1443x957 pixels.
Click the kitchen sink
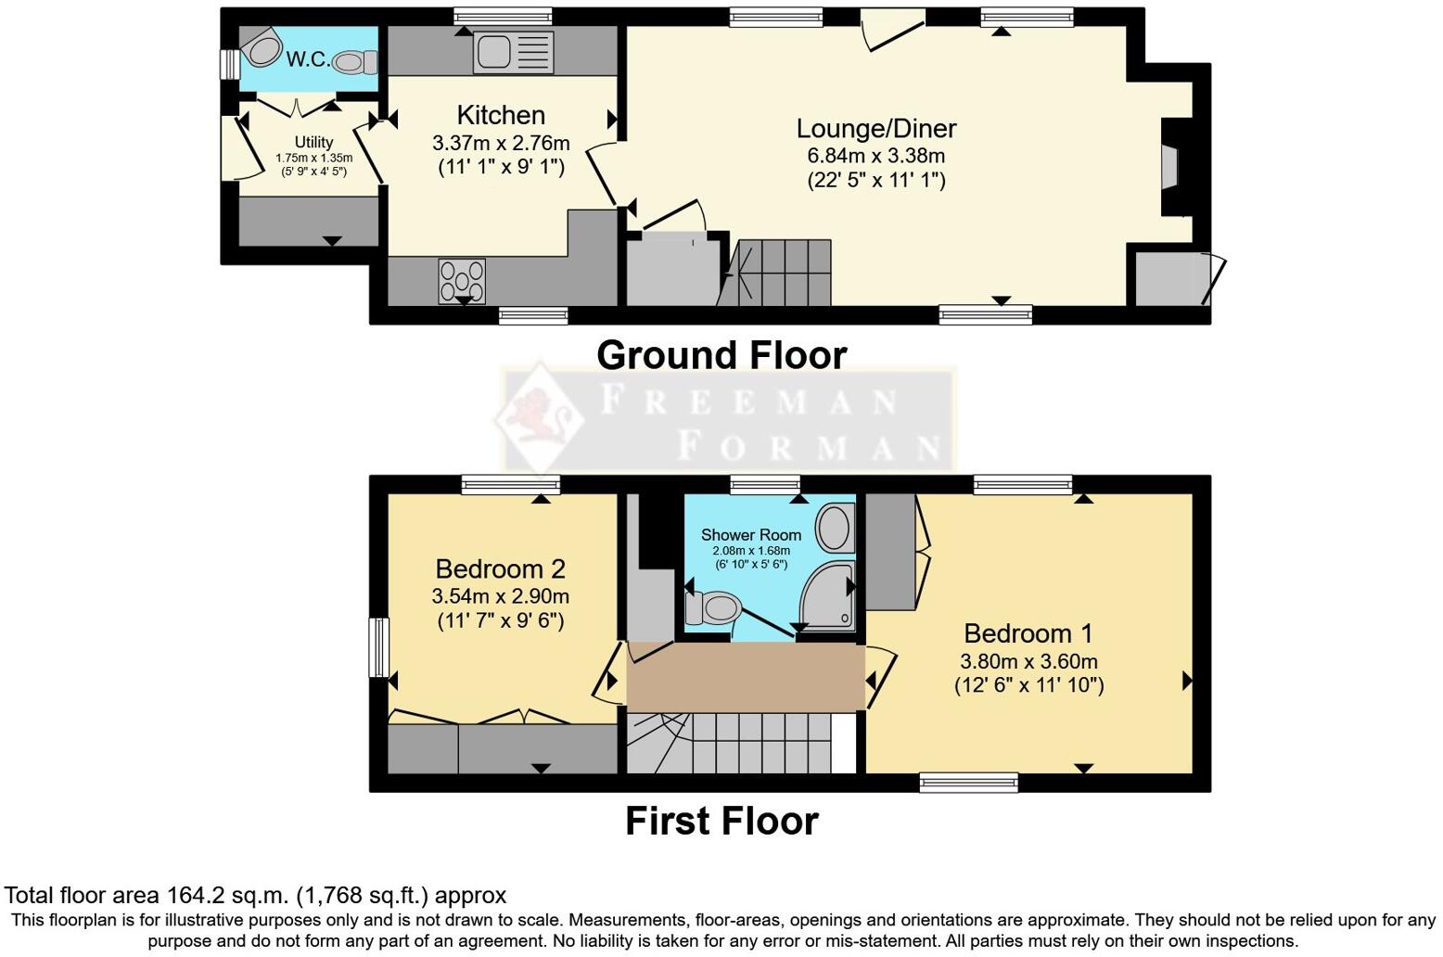(x=513, y=52)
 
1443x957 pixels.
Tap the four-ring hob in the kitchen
(x=462, y=281)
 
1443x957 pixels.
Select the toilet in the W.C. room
(x=354, y=62)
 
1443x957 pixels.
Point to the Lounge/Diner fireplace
(x=1170, y=168)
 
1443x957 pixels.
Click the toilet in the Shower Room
(x=712, y=609)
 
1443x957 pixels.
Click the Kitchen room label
(x=501, y=115)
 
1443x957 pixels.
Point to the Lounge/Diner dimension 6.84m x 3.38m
(x=875, y=156)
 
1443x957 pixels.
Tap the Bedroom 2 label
(x=500, y=568)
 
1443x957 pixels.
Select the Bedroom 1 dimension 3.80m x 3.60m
(x=1028, y=661)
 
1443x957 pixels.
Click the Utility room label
(x=313, y=142)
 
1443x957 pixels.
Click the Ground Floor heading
(x=721, y=355)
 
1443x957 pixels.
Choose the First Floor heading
(x=721, y=821)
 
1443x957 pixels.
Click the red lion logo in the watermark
(x=537, y=418)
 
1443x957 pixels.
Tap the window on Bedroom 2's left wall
(x=378, y=647)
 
